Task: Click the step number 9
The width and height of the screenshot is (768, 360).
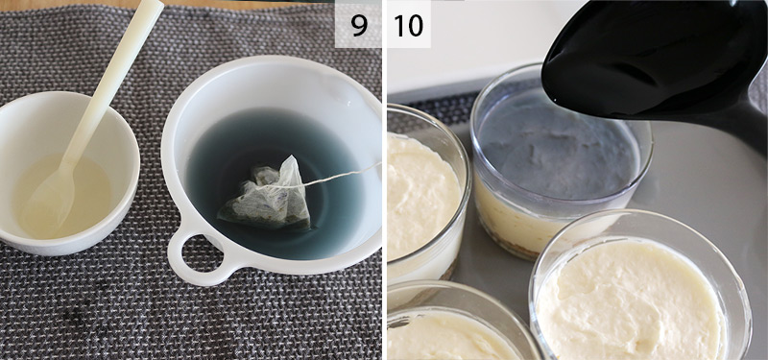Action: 359,26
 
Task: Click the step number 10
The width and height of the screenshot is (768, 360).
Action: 409,26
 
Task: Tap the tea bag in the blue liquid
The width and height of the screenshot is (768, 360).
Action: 268,195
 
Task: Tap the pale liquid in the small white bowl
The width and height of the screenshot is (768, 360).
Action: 63,196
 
